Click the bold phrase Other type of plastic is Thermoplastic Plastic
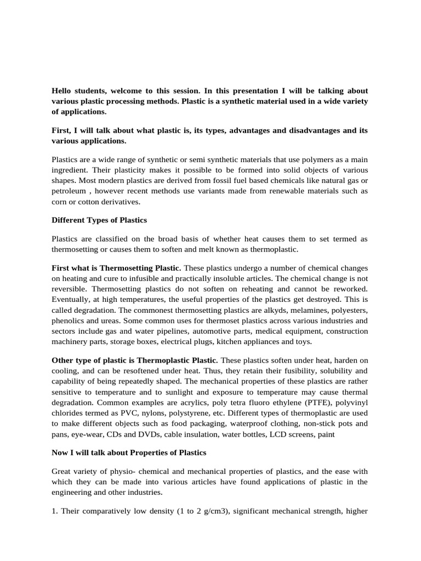[x=134, y=360]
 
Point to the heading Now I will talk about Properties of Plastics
[x=129, y=452]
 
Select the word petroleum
[x=69, y=191]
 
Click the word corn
[x=59, y=202]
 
